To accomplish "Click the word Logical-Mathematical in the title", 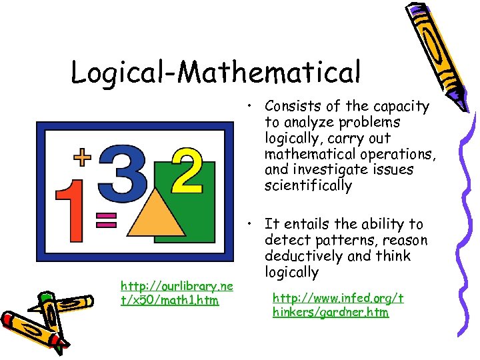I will click(215, 71).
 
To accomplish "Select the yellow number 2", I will click(187, 170).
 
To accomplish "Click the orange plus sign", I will click(82, 157).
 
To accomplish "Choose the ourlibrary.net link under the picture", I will click(176, 293).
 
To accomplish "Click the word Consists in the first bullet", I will click(291, 107).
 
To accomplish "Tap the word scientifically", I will click(307, 186).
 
